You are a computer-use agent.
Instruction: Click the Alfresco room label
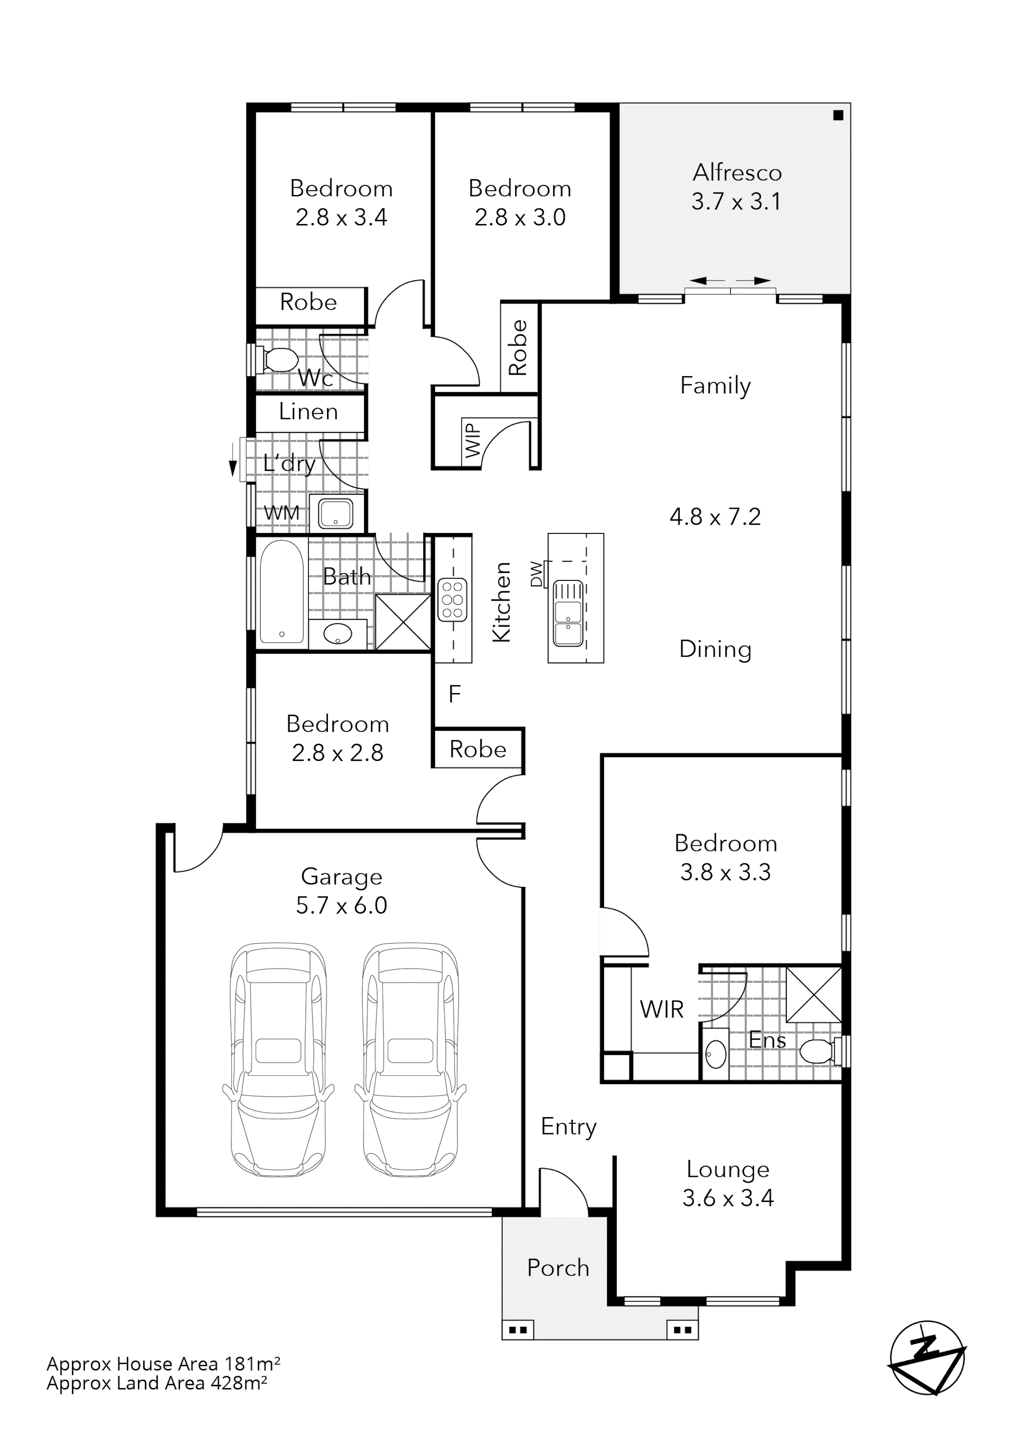[737, 173]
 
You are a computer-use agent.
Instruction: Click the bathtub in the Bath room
[281, 591]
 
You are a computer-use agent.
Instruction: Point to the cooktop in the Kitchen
[452, 599]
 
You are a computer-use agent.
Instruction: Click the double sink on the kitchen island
[568, 614]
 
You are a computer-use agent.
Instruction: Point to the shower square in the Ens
[813, 994]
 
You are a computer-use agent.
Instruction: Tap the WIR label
[662, 1010]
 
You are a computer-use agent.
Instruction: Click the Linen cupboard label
[309, 412]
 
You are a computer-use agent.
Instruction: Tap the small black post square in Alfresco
[837, 115]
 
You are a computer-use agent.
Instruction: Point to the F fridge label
[454, 694]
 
